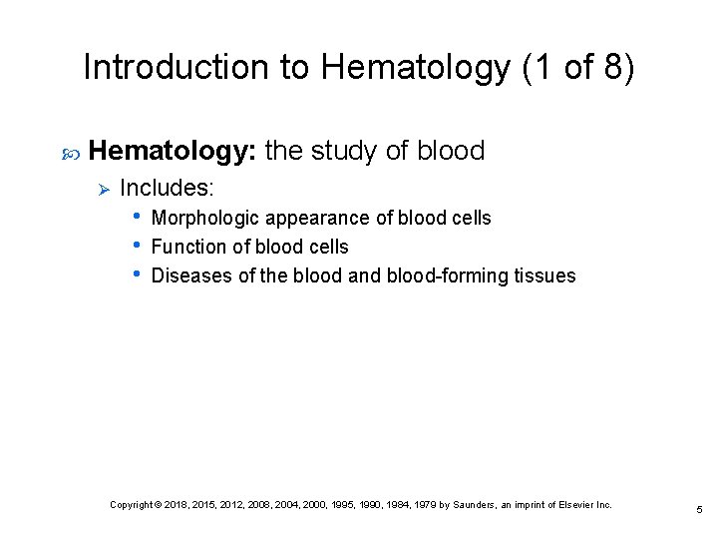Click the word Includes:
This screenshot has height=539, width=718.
[167, 188]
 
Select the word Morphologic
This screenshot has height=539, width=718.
[204, 218]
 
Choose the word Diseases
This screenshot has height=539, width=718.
[190, 275]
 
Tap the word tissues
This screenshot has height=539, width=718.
[544, 275]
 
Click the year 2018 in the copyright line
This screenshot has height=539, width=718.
[179, 505]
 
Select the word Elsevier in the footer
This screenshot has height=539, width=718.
[574, 505]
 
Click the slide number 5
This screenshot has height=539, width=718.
[699, 510]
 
